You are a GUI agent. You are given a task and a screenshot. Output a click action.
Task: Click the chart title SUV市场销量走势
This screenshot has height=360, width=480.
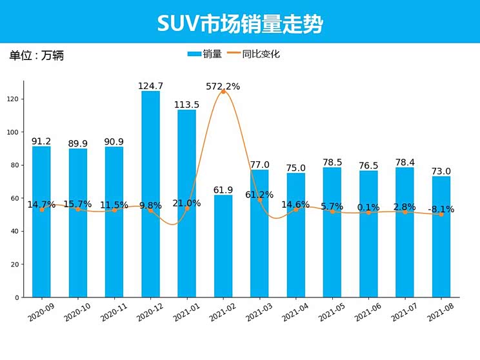point(239,23)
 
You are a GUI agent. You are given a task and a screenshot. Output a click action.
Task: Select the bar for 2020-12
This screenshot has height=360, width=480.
point(150,194)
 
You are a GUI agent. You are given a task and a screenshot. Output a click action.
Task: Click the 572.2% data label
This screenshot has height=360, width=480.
point(223,86)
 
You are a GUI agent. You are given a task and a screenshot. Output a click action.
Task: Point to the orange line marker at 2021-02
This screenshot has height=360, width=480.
point(223,92)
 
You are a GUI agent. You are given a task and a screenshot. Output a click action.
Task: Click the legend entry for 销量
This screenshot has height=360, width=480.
point(205,54)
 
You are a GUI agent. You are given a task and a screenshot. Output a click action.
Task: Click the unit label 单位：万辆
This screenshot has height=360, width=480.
point(36,55)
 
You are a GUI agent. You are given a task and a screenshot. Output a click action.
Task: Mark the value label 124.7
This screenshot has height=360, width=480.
point(150,86)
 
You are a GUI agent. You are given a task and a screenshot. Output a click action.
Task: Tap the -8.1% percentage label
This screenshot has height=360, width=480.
point(441,209)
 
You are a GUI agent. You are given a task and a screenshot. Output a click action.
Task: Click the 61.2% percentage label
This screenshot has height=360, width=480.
point(259,194)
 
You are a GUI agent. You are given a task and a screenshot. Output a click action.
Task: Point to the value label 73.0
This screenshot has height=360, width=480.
point(441,171)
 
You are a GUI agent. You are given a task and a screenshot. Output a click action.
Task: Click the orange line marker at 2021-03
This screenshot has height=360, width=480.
point(260,200)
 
